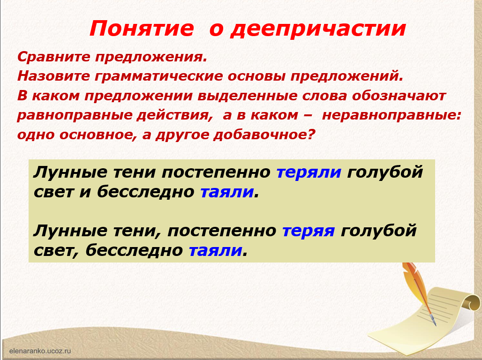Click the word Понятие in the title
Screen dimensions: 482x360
[142, 29]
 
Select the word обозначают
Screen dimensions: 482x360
[399, 96]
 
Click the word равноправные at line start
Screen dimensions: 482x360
[75, 115]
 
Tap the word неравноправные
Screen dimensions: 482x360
[392, 115]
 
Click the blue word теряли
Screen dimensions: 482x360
[309, 172]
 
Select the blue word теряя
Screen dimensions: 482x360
[309, 231]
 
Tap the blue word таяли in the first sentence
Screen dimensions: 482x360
[227, 192]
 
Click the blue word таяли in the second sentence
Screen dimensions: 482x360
[216, 251]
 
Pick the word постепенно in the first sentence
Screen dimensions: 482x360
[216, 172]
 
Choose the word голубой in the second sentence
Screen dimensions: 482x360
[379, 231]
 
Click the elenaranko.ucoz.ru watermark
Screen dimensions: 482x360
[40, 351]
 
